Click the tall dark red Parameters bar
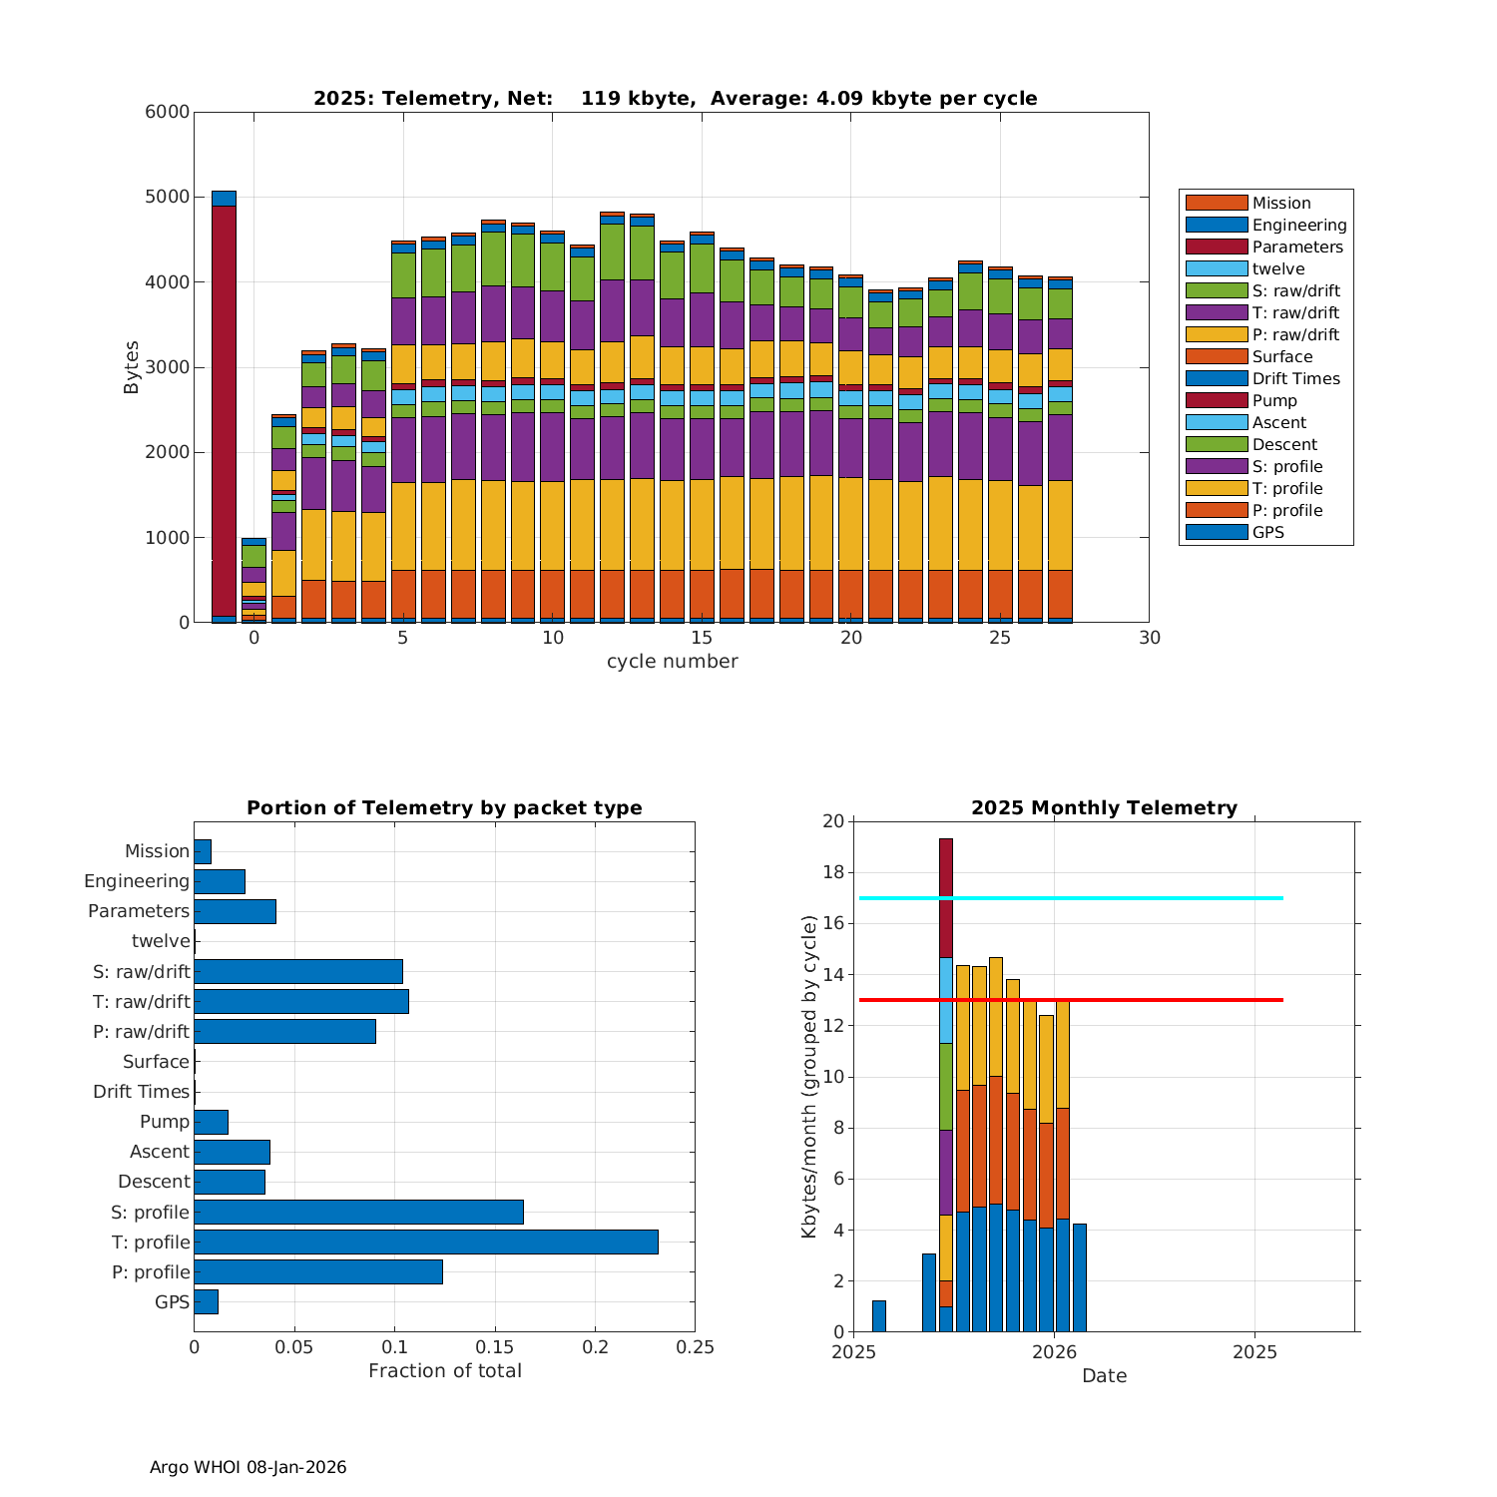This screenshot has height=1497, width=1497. [224, 409]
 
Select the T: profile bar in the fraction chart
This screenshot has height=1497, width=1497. [426, 1242]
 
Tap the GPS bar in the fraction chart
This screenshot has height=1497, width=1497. [206, 1301]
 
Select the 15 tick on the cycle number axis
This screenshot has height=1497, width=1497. [702, 638]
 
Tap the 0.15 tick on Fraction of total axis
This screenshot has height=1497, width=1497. [495, 1347]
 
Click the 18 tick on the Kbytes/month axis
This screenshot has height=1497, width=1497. [832, 872]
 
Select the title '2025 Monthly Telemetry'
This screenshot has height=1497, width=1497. [1104, 807]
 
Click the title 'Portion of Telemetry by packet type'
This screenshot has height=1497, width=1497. [444, 807]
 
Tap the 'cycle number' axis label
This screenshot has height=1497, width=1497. [672, 661]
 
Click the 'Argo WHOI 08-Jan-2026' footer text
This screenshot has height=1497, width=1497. [248, 1467]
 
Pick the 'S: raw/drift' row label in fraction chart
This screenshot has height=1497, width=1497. [142, 971]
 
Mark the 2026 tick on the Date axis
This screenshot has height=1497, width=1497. [1054, 1352]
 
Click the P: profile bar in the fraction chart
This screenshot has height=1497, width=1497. [318, 1271]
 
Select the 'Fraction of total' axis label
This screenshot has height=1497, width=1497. [444, 1370]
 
